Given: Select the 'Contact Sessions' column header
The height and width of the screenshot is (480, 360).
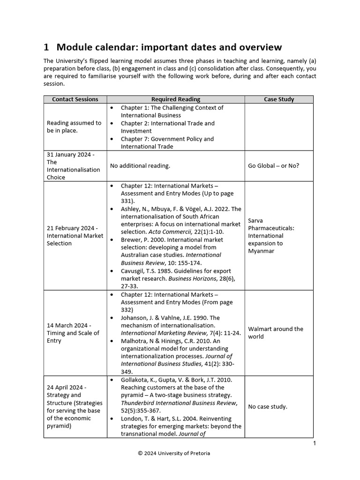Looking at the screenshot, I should (75, 99).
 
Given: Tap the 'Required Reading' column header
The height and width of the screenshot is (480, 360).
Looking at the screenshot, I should (176, 99).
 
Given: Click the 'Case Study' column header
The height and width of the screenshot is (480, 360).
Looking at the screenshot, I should (279, 99).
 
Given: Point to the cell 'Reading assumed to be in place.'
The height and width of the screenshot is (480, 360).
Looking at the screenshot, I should (74, 127).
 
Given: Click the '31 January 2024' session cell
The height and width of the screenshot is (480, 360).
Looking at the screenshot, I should (74, 165).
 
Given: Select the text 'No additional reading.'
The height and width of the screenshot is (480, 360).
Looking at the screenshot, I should (140, 165).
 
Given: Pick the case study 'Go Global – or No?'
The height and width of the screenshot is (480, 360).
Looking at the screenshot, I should (274, 165).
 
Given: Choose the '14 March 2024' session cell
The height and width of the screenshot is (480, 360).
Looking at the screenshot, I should (73, 333).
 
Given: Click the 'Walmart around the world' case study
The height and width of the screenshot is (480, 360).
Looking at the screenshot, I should (276, 333).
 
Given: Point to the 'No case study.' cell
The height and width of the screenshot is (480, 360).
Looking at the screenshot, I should (268, 406).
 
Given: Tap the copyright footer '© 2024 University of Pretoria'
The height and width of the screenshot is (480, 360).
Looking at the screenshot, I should (174, 453).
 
